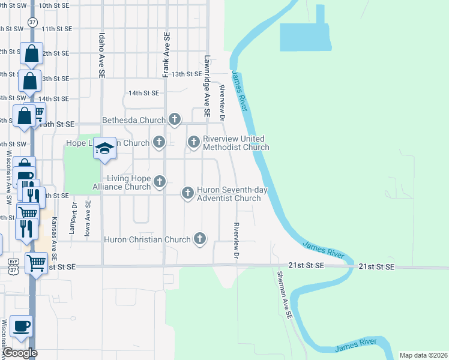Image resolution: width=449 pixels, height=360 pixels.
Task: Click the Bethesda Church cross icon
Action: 175,119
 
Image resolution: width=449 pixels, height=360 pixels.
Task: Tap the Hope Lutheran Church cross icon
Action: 159,143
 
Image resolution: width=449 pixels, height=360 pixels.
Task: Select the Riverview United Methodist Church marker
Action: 193,142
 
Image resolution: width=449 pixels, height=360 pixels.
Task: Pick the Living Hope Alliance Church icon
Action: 159,181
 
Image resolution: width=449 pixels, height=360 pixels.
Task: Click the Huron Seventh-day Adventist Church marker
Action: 187,193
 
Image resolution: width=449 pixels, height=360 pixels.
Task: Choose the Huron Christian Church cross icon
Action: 199,239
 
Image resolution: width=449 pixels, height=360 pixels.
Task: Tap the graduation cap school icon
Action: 104,150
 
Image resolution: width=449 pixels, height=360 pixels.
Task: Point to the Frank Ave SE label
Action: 166,55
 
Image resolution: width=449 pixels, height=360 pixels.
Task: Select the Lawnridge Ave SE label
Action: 206,86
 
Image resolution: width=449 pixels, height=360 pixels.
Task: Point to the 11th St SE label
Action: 56,28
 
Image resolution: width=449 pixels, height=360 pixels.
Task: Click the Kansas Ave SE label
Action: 54,233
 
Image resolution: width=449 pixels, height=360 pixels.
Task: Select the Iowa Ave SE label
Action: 88,219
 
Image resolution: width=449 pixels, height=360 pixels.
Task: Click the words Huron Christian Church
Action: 147,239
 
